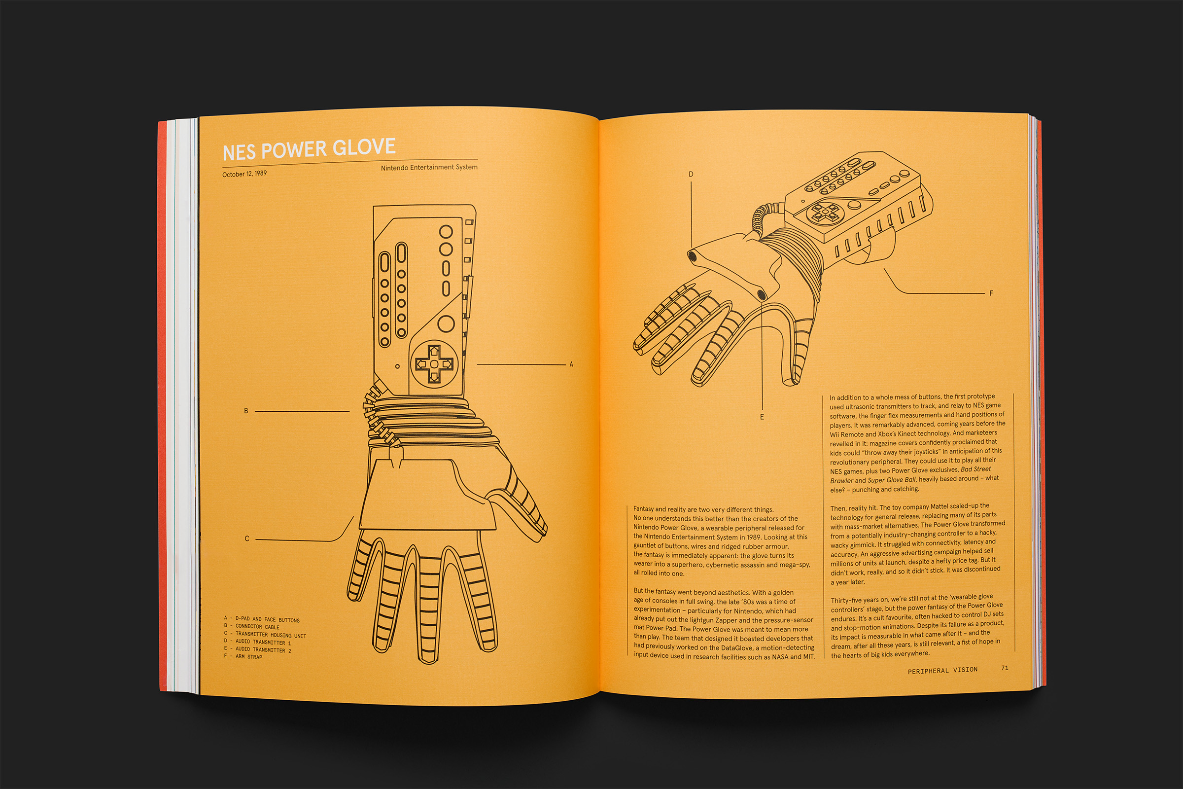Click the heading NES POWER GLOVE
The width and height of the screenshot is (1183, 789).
[x=309, y=149]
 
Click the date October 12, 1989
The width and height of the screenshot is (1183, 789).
[x=244, y=174]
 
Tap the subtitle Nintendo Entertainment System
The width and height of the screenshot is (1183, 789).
[x=429, y=167]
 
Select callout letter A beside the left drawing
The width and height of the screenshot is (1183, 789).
[x=571, y=364]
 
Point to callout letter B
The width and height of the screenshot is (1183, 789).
[x=246, y=411]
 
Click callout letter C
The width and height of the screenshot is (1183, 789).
[x=246, y=538]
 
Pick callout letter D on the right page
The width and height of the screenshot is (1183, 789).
[x=691, y=174]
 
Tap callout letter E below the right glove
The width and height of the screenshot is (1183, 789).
[x=762, y=417]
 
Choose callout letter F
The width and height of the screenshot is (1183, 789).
[x=991, y=293]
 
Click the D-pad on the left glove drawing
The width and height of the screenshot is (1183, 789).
[x=434, y=363]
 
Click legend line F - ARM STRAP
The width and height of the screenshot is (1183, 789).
[x=243, y=656]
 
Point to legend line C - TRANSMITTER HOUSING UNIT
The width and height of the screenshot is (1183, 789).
[x=265, y=635]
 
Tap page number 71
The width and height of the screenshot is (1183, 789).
[x=1004, y=668]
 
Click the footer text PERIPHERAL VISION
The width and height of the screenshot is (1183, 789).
[x=942, y=670]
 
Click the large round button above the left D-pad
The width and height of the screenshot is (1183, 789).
[x=446, y=323]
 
